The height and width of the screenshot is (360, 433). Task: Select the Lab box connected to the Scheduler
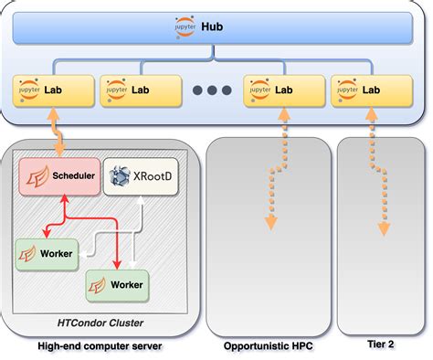[x=55, y=90]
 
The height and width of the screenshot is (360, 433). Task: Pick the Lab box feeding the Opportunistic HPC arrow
[x=284, y=90]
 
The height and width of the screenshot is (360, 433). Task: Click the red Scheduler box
[x=58, y=175]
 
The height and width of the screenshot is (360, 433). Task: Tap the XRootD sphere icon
[x=119, y=175]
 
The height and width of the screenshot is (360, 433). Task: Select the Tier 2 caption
[x=375, y=346]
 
